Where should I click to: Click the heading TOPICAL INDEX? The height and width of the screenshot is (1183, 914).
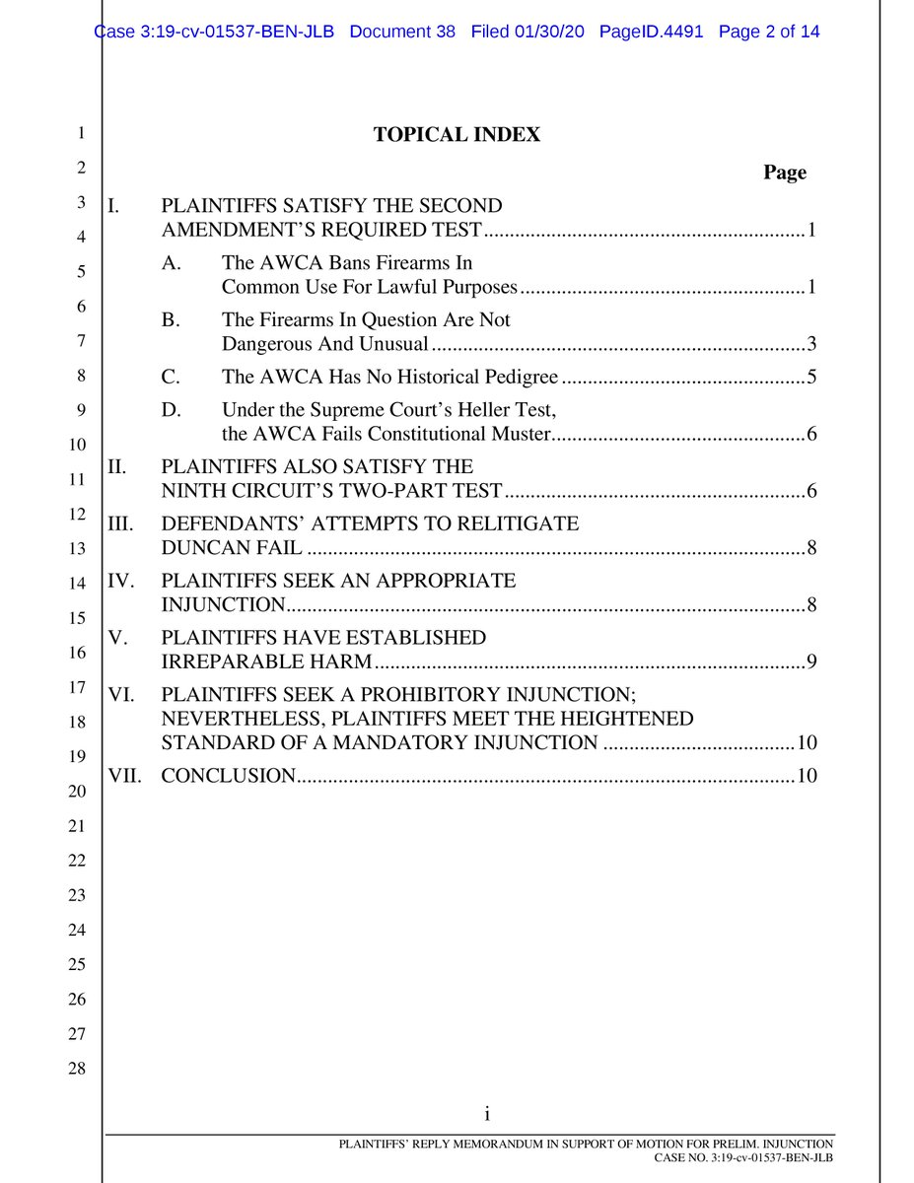457,135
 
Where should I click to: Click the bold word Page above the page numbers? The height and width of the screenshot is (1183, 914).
784,173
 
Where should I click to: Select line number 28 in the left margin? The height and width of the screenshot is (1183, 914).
77,1069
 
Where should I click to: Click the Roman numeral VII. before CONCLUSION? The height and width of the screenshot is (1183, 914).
124,776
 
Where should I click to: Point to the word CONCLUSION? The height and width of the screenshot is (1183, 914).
228,776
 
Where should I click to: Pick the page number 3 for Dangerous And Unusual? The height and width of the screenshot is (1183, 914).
810,344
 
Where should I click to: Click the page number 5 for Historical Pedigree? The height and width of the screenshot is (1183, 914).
810,378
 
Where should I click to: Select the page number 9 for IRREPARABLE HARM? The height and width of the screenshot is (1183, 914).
810,661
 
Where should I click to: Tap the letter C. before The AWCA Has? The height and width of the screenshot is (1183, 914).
171,378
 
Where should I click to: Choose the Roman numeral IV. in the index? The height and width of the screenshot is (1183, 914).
123,581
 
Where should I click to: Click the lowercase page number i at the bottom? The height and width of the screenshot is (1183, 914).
487,1115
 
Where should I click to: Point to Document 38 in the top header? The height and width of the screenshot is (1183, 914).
402,32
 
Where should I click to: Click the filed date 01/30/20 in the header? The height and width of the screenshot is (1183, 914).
550,32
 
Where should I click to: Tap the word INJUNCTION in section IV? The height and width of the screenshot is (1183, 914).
224,604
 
